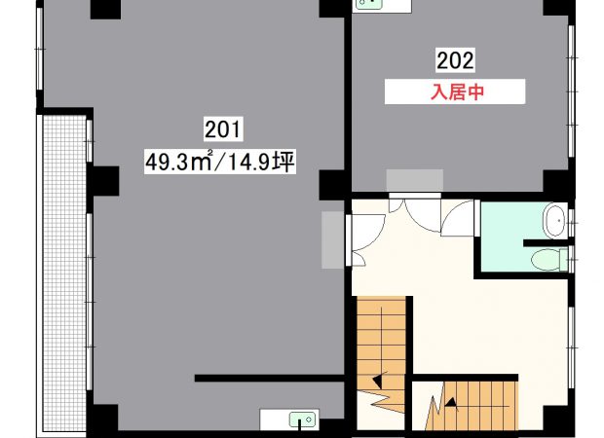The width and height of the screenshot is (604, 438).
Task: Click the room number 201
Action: (x=223, y=128)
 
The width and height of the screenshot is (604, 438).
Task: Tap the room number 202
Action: (x=455, y=60)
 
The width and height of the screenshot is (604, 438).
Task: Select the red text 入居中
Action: (x=457, y=92)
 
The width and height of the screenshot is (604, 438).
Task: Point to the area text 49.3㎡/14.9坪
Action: (x=220, y=162)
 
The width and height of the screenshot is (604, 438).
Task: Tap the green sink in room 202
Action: (x=369, y=3)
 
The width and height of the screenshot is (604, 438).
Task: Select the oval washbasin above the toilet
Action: (x=554, y=221)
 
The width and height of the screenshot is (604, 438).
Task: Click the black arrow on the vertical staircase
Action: (x=378, y=381)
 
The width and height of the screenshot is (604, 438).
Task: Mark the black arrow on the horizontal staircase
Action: (x=451, y=402)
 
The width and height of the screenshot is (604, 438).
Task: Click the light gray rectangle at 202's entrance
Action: (x=414, y=180)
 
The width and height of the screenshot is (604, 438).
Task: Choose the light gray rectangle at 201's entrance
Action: (x=332, y=239)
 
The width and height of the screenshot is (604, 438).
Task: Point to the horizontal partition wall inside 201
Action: (x=269, y=378)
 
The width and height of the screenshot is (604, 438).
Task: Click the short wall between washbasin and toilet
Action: (x=546, y=243)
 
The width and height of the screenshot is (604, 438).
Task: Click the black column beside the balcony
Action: (x=105, y=181)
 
